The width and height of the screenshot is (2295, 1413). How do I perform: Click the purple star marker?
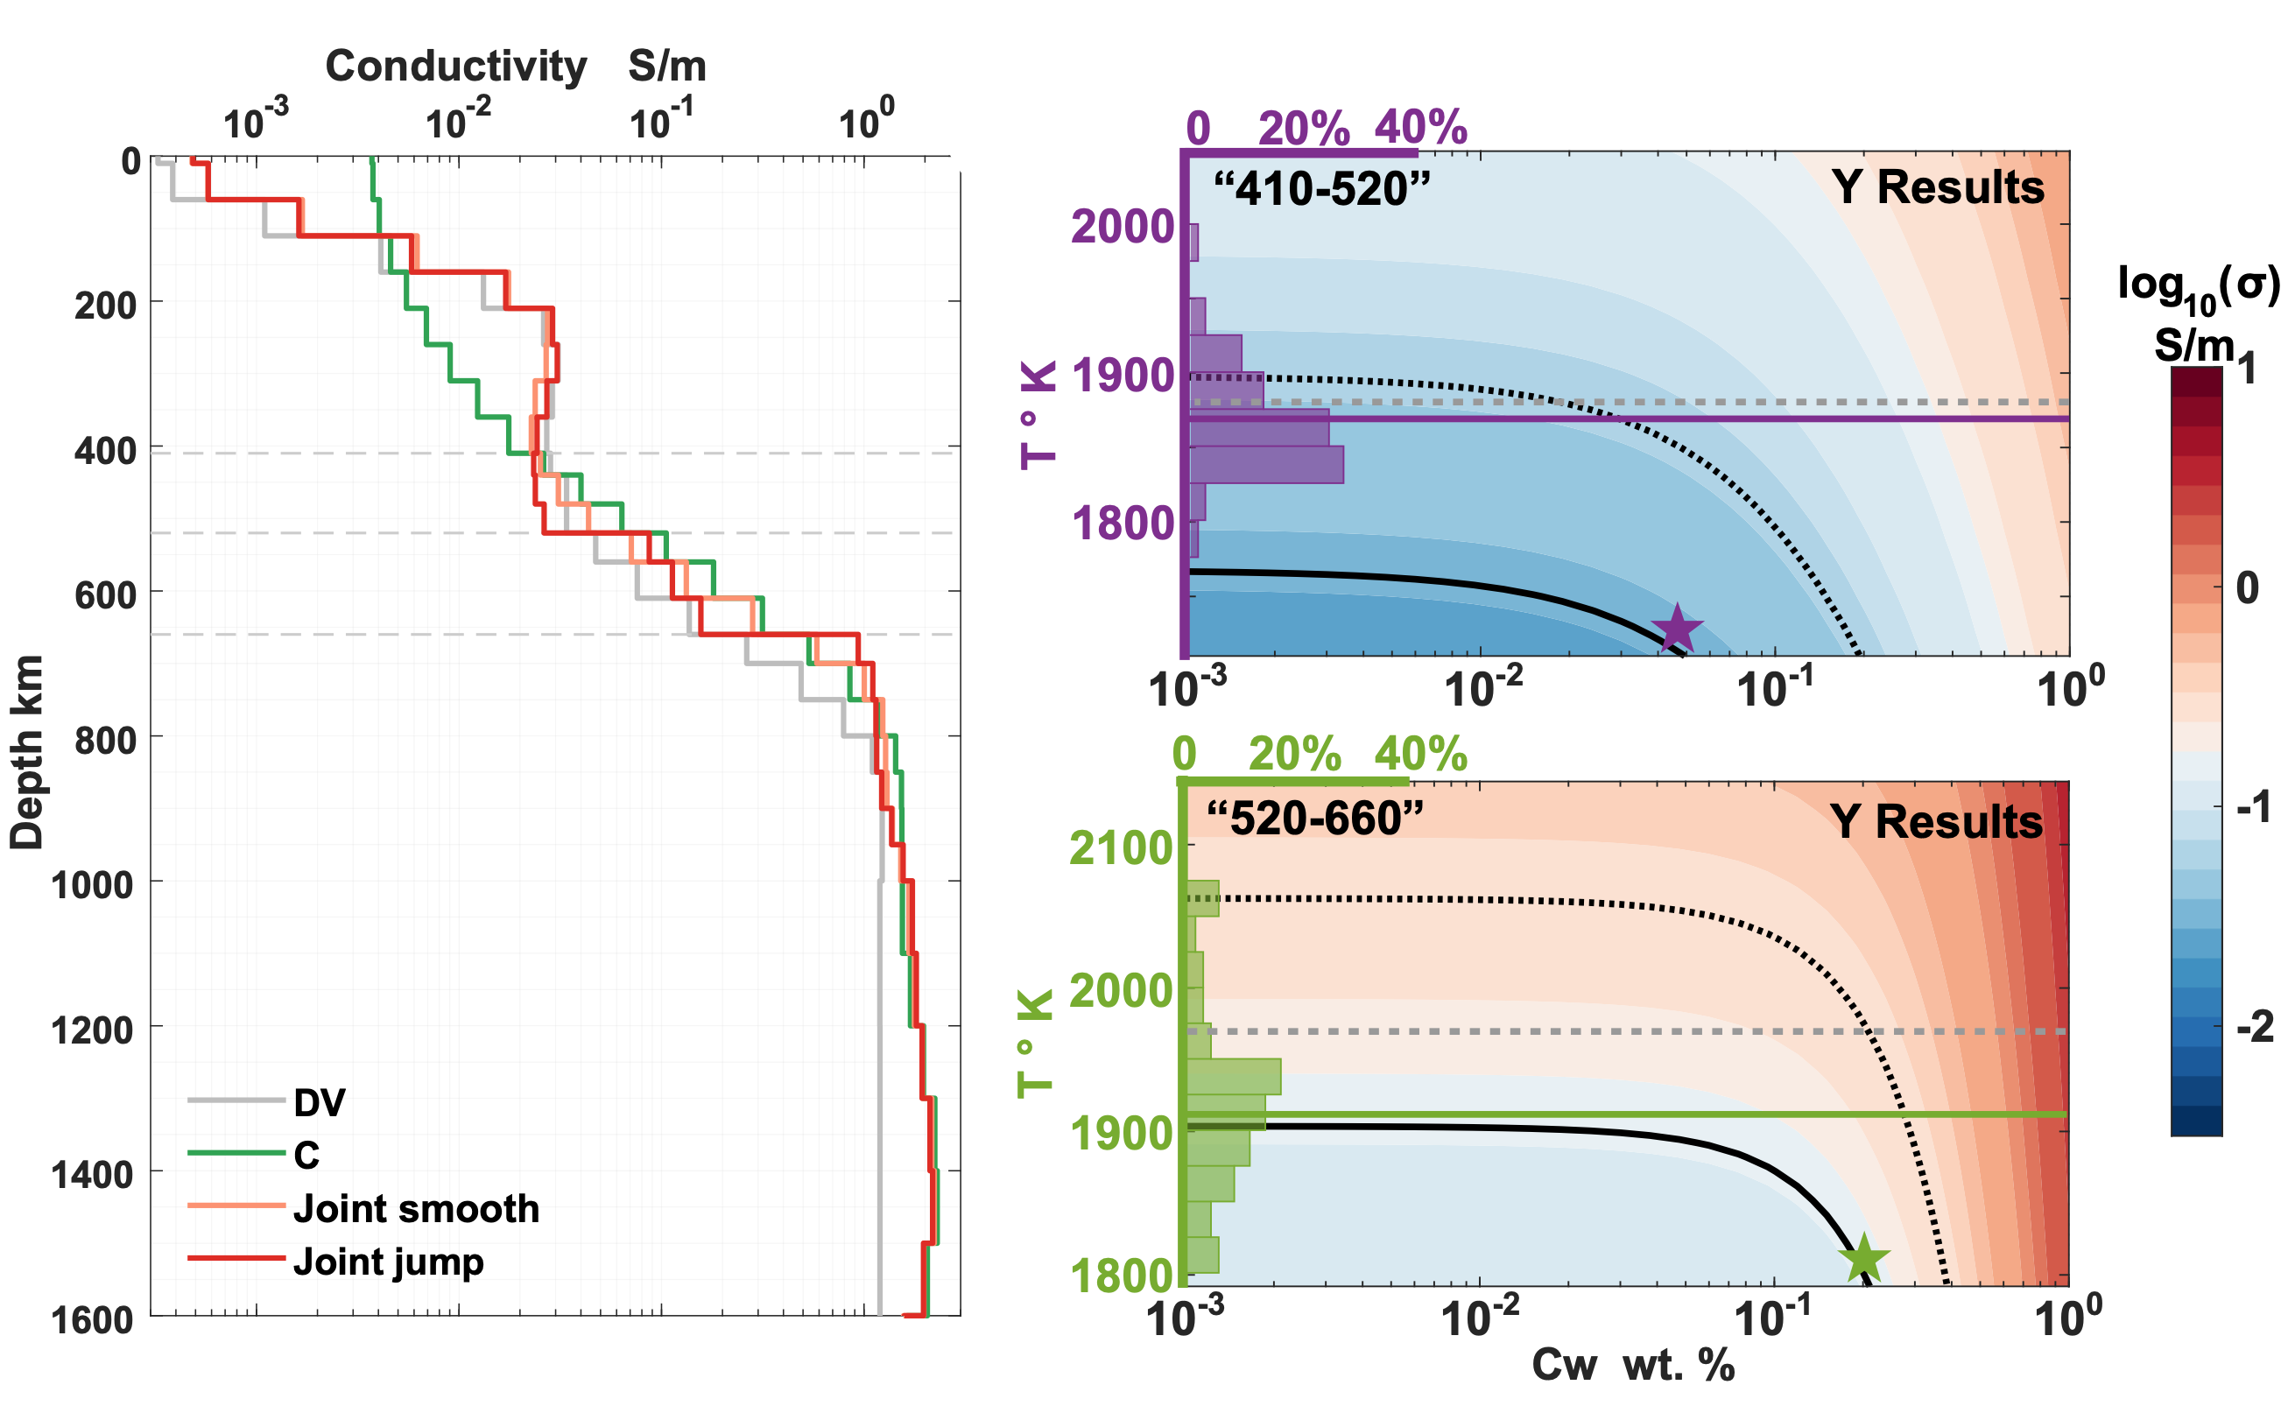(x=1678, y=628)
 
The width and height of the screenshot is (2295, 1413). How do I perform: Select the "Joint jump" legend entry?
(x=388, y=1262)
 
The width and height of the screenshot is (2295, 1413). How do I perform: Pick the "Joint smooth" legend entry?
(x=416, y=1208)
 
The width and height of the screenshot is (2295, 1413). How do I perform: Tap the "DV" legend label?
(x=320, y=1103)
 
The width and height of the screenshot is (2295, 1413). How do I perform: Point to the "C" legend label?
(x=306, y=1156)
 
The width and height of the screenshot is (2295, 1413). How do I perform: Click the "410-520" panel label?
(x=1321, y=190)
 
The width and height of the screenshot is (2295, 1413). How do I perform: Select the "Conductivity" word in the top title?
(x=456, y=67)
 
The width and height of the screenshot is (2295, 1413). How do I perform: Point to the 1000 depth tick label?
(x=93, y=884)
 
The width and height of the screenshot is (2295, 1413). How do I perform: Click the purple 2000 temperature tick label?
(x=1122, y=226)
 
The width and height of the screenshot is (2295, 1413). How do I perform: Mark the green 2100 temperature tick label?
(x=1121, y=848)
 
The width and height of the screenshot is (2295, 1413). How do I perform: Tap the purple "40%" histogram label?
(x=1420, y=127)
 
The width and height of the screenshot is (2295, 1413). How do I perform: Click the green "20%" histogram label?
(x=1294, y=753)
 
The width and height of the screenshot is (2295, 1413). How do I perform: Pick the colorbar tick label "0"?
(x=2248, y=587)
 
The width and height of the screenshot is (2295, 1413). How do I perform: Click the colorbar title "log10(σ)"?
(x=2198, y=285)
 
